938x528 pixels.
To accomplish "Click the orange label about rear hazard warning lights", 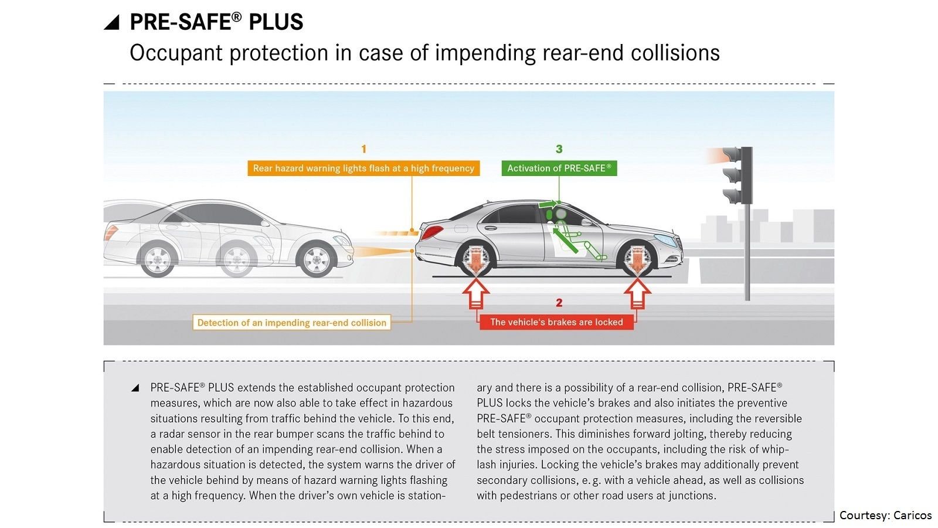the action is point(363,168).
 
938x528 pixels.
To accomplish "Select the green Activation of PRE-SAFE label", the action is point(559,168).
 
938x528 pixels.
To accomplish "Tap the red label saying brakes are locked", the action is point(556,322).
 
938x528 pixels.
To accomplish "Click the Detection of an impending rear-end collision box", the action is point(291,322).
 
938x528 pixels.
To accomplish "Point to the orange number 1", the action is point(363,149).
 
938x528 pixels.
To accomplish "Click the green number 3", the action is point(559,149).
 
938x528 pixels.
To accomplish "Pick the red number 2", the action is point(559,303).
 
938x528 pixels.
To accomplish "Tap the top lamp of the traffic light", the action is point(733,155).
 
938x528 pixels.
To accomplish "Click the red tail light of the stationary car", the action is point(432,232).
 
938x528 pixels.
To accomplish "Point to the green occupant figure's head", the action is point(560,214).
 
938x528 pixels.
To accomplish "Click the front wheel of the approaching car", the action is point(316,259).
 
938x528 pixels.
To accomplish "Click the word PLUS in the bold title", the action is point(276,22).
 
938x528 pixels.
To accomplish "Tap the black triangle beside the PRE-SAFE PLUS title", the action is point(112,22).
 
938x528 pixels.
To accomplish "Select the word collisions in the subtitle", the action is point(675,53).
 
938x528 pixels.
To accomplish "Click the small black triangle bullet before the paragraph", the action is point(135,388).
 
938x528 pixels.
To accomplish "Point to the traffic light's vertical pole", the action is point(747,252).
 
